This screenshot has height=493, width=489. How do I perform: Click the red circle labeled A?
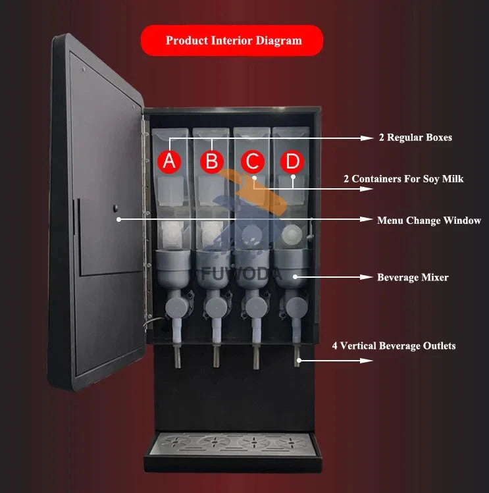169,162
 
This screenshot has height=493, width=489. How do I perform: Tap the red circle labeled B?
212,162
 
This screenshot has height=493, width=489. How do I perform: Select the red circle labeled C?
253,162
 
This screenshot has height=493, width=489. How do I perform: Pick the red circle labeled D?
292,162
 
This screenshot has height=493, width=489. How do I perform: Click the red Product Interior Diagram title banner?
232,41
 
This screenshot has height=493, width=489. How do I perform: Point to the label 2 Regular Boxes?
415,138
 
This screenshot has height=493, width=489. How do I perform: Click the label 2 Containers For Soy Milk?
403,179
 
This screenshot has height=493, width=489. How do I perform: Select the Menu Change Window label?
429,221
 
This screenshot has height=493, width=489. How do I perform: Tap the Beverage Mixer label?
413,277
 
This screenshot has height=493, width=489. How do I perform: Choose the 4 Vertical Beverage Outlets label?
394,346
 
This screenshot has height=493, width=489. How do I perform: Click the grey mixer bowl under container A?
173,268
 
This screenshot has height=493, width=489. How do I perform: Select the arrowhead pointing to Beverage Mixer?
366,277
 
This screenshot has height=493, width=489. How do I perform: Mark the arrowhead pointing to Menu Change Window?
366,219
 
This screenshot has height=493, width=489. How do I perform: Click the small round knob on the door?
115,208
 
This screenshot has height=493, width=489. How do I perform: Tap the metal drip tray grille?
233,444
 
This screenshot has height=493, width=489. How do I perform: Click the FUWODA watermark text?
242,274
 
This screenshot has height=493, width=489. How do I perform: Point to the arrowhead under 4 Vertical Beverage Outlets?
366,360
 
